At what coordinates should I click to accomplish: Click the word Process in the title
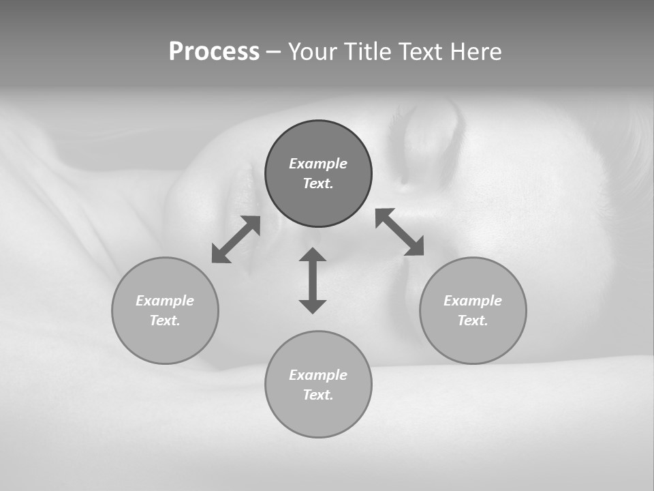coord(214,52)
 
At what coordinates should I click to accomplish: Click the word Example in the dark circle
coord(318,164)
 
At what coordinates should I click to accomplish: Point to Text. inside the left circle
coord(165,321)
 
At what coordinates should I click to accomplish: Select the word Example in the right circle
coord(473,301)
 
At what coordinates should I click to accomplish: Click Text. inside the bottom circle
coord(318,395)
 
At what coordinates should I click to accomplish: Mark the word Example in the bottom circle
coord(318,375)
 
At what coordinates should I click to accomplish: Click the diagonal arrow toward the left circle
coord(236,239)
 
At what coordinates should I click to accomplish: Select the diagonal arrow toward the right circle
coord(400,232)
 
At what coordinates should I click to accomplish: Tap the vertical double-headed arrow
coord(313,280)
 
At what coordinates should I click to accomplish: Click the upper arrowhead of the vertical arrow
coord(313,254)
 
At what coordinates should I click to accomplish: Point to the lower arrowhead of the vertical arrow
coord(313,306)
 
